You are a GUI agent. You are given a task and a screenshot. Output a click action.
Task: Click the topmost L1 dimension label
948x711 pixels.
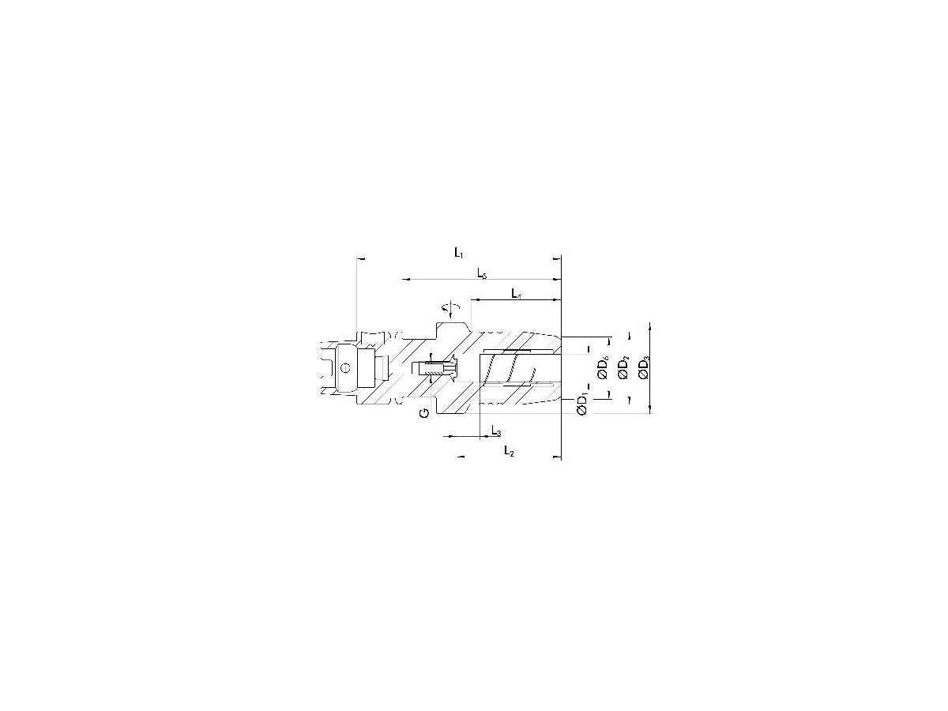click(x=458, y=252)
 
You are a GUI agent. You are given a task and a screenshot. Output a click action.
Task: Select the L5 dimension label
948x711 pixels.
click(x=482, y=273)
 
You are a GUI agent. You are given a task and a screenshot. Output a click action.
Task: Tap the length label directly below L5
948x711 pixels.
click(x=516, y=294)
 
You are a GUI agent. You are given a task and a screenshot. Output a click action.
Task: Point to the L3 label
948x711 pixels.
click(x=495, y=431)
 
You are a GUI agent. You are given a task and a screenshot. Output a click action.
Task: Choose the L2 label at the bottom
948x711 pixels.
click(x=510, y=452)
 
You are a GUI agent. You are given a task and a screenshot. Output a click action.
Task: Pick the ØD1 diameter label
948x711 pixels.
click(x=582, y=404)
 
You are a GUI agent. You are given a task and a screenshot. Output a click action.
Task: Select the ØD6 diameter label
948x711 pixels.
click(x=603, y=369)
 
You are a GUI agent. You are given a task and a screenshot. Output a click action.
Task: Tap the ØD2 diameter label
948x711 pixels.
click(x=624, y=368)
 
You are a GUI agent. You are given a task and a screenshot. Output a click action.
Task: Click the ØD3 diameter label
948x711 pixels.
click(x=645, y=368)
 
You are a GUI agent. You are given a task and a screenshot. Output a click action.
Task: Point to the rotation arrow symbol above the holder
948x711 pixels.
click(x=451, y=308)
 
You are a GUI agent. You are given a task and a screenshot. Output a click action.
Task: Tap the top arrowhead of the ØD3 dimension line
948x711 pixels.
click(x=649, y=325)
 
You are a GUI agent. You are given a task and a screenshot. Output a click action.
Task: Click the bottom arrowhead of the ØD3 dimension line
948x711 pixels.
click(x=649, y=408)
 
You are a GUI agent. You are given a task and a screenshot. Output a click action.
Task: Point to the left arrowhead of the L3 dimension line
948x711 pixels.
click(x=446, y=436)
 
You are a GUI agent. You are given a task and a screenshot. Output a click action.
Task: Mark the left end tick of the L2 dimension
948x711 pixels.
click(x=459, y=457)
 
